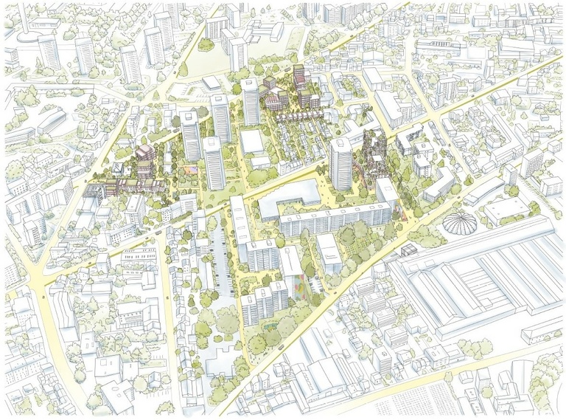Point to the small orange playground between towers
click(193, 169)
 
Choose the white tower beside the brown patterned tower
click(340, 164)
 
